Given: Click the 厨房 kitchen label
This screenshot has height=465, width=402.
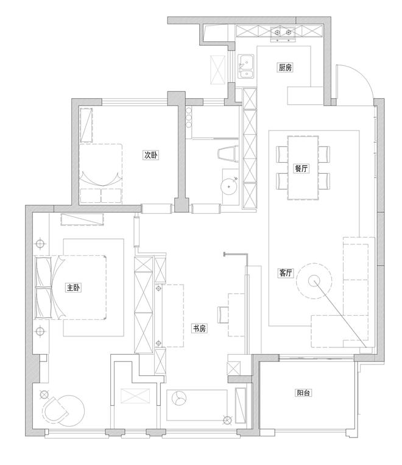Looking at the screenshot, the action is coord(285,68).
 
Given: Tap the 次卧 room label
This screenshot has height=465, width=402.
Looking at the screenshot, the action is coord(151,155).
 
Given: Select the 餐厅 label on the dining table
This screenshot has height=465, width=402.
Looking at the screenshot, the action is coord(301,168).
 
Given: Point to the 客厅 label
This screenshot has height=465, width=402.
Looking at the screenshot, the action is coord(285,273).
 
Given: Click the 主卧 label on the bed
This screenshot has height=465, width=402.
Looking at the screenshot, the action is coord(73,288).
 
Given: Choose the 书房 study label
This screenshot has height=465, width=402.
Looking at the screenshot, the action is coord(199,328).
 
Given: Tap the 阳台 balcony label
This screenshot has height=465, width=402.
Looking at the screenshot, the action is coord(303,393).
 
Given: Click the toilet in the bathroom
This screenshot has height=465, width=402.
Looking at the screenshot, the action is coord(228,154).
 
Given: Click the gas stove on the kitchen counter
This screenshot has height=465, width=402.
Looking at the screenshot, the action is coord(283,32).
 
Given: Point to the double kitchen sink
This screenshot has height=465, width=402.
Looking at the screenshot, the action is coord(246,66).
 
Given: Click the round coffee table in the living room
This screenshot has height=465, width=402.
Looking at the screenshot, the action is coord(314,280).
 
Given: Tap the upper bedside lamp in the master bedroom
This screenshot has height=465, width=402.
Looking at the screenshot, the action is coord(40,244).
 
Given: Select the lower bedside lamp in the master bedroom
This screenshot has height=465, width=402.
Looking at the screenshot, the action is coord(40,331).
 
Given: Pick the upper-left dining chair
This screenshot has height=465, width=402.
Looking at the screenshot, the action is coord(282,154).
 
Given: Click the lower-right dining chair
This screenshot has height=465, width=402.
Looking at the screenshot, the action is coord(324,181).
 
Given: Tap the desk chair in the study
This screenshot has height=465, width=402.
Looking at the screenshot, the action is coord(223,314).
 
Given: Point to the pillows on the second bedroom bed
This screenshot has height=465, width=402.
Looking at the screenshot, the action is coord(100,195).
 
